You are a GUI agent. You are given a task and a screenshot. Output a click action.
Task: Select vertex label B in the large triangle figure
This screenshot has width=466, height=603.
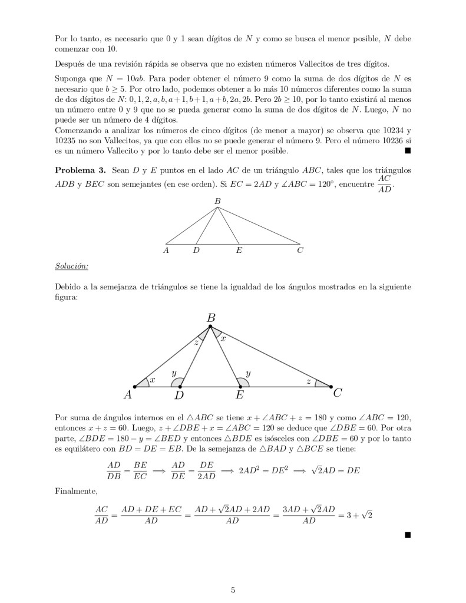coord(210,318)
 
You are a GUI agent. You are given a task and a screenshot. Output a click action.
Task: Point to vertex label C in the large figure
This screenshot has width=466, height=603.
coord(338,393)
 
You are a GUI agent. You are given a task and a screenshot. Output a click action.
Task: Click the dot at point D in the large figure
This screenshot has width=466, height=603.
coord(180,387)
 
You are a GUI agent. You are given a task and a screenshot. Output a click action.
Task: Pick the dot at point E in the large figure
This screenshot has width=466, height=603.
coord(240,387)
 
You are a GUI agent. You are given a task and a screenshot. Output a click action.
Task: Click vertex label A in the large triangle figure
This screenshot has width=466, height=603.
coord(127,394)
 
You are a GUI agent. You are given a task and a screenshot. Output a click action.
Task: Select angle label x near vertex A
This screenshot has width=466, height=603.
coord(152,381)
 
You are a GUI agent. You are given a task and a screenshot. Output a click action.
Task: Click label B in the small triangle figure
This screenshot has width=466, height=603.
coord(217,202)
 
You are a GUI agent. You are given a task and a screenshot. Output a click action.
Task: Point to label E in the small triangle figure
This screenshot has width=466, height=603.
coord(239,251)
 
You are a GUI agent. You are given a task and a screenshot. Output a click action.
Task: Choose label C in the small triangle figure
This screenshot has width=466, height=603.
coord(300,251)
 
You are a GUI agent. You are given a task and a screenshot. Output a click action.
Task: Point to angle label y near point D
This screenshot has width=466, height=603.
coord(174,373)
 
